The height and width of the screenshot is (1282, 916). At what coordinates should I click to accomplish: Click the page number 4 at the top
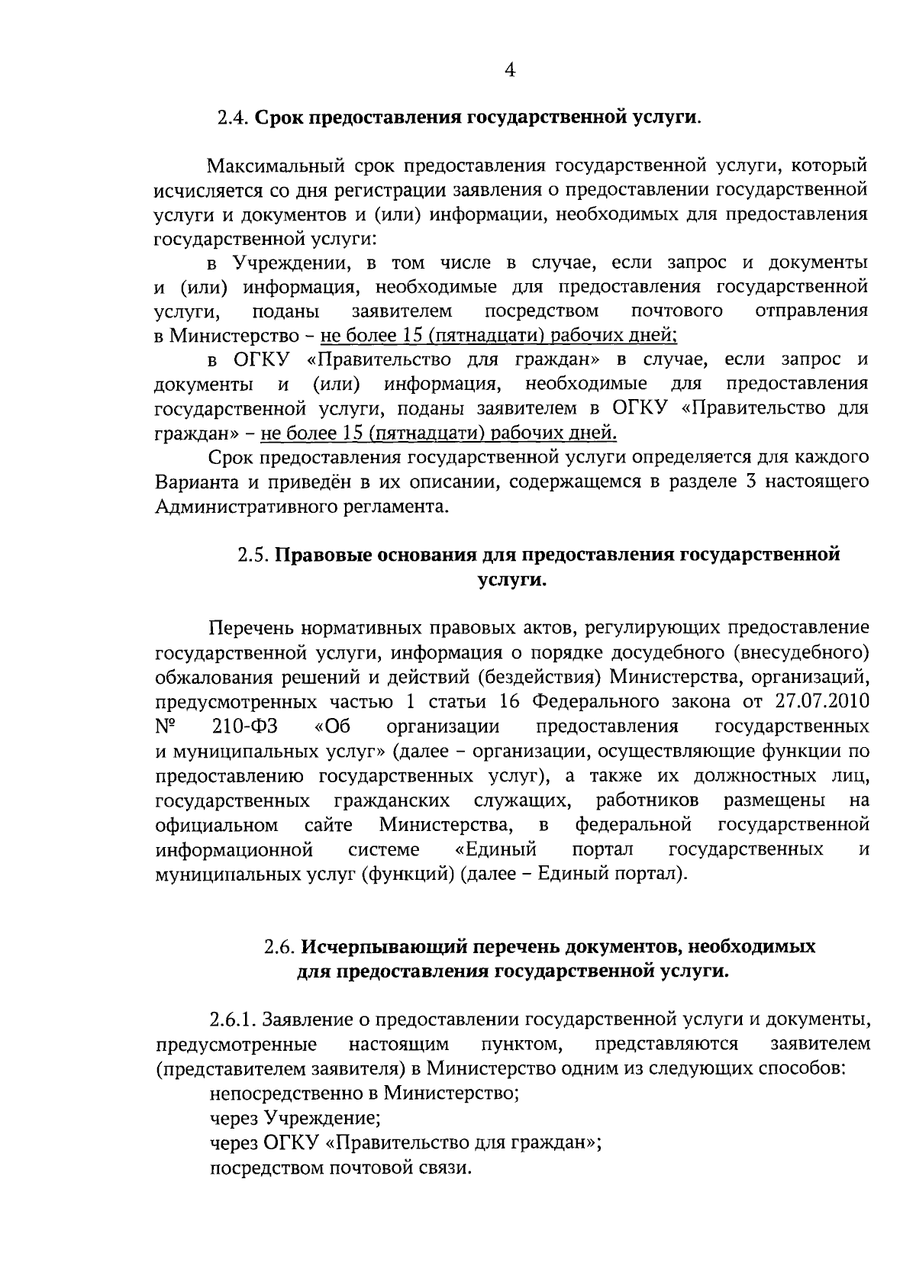tap(511, 71)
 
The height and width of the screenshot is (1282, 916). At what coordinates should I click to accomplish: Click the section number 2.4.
tap(232, 118)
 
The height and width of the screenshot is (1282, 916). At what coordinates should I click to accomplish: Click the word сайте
tap(328, 825)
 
